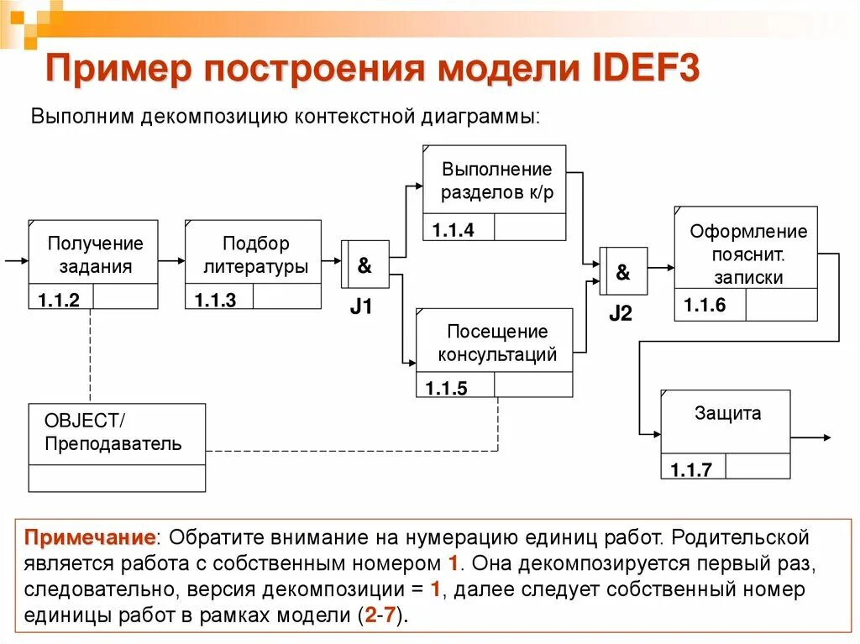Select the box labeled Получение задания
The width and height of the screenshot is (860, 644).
(x=93, y=255)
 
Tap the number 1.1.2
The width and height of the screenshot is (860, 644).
(x=59, y=300)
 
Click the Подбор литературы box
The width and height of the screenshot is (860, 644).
(x=253, y=255)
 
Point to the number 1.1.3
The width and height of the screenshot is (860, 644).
(x=215, y=300)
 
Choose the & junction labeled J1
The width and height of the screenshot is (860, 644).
(x=364, y=265)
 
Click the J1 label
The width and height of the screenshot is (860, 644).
(x=361, y=306)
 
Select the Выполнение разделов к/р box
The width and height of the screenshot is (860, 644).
(x=495, y=181)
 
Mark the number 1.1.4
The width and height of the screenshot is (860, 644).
(x=454, y=229)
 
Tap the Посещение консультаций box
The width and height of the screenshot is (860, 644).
(x=495, y=343)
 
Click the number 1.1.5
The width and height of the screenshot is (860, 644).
(x=446, y=388)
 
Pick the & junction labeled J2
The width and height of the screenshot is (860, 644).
(x=622, y=272)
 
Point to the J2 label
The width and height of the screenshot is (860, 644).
(x=620, y=314)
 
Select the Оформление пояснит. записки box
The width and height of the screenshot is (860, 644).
(x=746, y=254)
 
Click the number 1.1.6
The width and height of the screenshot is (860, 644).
(x=704, y=306)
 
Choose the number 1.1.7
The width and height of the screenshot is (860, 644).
(x=690, y=469)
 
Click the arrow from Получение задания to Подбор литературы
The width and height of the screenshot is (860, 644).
(x=171, y=260)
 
